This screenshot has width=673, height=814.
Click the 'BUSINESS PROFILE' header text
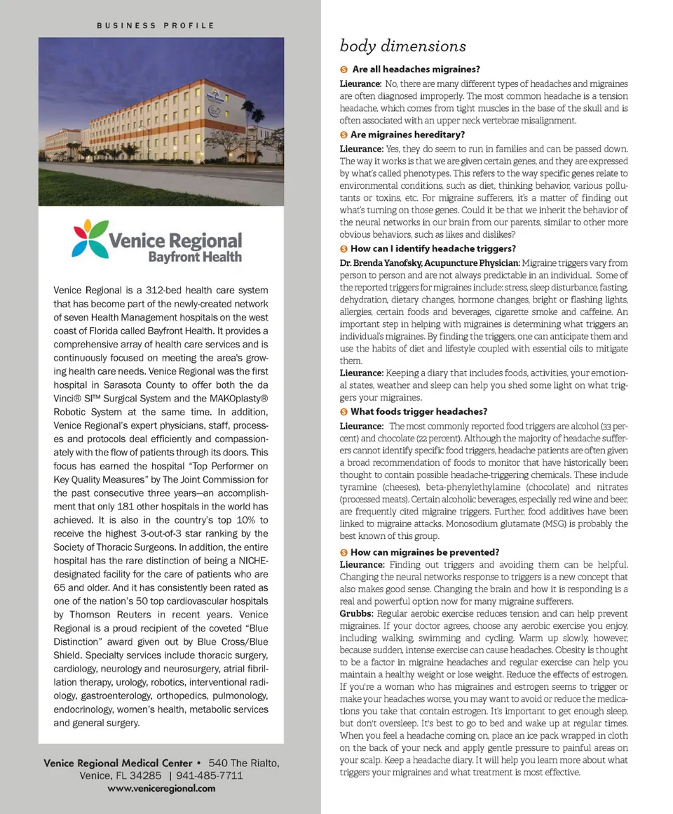click(155, 25)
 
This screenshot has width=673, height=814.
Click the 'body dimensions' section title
click(402, 46)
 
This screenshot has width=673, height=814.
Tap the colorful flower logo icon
click(90, 239)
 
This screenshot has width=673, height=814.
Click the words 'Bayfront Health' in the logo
click(195, 257)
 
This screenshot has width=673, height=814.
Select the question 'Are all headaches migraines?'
click(416, 69)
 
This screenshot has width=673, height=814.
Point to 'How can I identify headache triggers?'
click(433, 248)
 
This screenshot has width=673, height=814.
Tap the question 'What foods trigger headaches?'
click(419, 411)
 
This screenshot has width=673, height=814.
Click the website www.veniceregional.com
click(161, 788)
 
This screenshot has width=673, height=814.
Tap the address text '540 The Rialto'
click(243, 763)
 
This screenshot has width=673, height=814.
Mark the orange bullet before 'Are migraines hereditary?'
click(344, 134)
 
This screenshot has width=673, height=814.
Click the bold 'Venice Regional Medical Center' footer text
click(118, 763)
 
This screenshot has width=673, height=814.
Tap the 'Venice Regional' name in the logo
click(175, 241)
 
